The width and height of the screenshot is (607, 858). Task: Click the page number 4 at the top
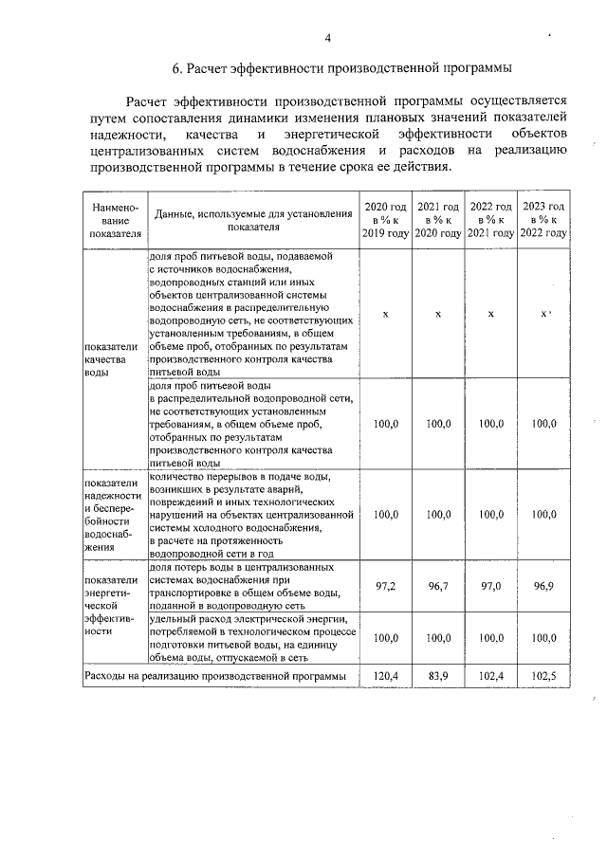point(327,38)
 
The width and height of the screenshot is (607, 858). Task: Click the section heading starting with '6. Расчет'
point(341,68)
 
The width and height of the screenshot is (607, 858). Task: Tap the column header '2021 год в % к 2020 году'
point(438,220)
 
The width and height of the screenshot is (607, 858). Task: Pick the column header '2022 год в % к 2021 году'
point(491,220)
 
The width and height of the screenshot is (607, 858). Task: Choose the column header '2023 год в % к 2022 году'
point(544,220)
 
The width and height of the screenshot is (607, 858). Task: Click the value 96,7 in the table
point(438,587)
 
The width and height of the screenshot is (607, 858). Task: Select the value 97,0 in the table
point(491,587)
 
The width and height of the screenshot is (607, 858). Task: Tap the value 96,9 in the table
point(544,587)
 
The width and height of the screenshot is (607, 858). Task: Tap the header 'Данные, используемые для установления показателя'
point(253,220)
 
